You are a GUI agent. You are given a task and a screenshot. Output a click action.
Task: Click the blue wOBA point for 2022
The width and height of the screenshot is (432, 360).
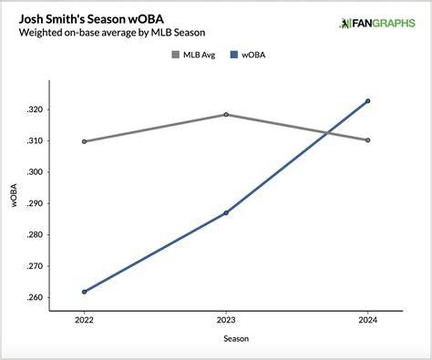coord(84,292)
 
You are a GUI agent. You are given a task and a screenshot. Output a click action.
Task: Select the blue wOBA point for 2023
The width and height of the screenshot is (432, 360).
coord(226,213)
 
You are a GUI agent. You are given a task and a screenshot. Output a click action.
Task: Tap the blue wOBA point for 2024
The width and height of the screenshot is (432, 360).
coord(367,101)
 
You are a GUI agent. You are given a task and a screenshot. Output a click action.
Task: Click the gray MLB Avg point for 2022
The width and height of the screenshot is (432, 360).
coord(84,141)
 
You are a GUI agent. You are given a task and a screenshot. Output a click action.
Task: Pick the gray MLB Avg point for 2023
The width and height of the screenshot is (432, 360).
coord(226,115)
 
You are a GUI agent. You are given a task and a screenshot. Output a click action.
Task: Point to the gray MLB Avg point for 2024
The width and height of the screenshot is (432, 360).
coord(367,140)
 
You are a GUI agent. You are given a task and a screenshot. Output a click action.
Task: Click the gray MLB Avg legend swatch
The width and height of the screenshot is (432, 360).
coord(176,55)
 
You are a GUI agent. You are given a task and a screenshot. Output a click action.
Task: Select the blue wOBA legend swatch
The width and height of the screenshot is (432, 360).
coord(234,55)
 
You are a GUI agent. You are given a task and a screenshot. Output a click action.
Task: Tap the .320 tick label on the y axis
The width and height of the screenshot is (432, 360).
coord(34,109)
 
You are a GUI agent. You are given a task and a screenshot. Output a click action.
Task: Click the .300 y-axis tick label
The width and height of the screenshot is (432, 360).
coord(34,172)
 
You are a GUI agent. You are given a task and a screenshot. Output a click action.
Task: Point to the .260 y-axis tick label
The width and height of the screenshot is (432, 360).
coord(34,297)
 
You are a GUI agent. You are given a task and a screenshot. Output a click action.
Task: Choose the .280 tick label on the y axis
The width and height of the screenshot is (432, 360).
coord(34,235)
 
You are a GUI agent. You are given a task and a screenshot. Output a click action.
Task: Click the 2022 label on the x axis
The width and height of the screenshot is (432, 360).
coord(84,320)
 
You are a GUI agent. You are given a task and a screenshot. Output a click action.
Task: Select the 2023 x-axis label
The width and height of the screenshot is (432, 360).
coord(226,320)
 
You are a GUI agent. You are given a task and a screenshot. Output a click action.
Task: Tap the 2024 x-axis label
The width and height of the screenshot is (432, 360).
coord(367,320)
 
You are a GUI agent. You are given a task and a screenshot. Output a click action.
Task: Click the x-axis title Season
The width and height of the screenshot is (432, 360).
coord(236,338)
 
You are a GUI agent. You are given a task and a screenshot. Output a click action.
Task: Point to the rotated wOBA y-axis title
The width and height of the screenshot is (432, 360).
coord(14,195)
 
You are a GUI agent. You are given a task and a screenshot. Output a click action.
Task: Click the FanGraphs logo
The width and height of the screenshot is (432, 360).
coord(377,24)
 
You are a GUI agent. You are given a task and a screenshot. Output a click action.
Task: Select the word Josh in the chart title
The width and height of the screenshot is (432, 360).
coord(30,19)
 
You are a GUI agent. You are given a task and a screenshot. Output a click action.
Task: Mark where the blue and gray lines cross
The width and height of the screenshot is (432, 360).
coord(327,133)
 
